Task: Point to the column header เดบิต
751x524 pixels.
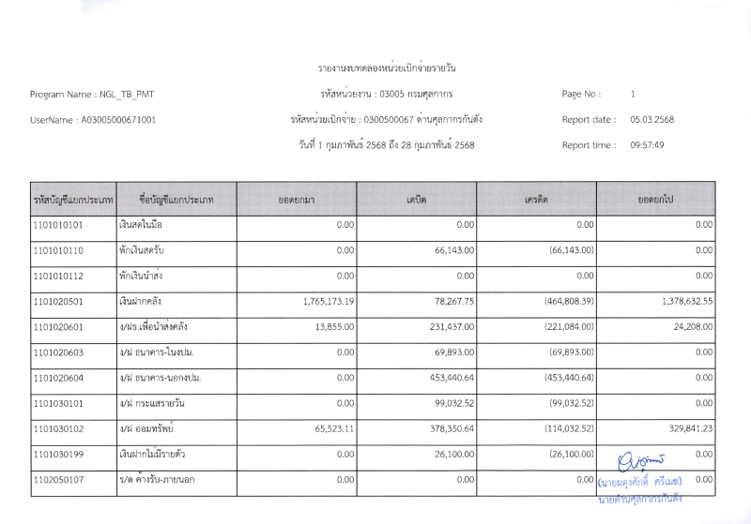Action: coord(416,200)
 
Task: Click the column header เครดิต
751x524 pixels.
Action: coord(536,200)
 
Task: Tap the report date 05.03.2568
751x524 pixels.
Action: coord(652,120)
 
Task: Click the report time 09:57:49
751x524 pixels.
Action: coord(648,145)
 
